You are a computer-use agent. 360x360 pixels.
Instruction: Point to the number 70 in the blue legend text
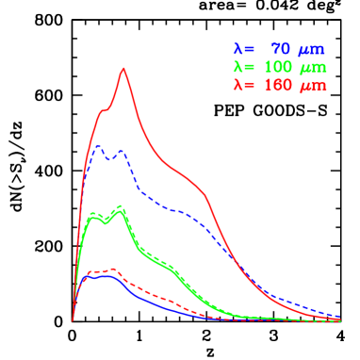[x=280, y=49]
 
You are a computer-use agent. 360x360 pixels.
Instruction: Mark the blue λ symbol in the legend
[x=237, y=49]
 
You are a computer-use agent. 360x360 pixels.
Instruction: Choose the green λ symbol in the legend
[x=237, y=67]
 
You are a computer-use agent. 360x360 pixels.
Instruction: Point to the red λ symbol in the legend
[x=237, y=85]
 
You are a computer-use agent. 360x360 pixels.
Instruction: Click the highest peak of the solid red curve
[x=123, y=68]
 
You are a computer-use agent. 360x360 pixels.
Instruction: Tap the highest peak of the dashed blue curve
[x=97, y=145]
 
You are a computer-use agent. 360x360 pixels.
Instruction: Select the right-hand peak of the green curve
[x=120, y=207]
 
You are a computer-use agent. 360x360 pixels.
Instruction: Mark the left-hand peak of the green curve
[x=93, y=215]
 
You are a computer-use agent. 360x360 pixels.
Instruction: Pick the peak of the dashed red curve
[x=110, y=270]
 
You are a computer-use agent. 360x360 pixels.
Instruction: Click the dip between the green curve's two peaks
[x=106, y=221]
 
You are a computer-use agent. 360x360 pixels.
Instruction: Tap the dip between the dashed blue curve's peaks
[x=109, y=160]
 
